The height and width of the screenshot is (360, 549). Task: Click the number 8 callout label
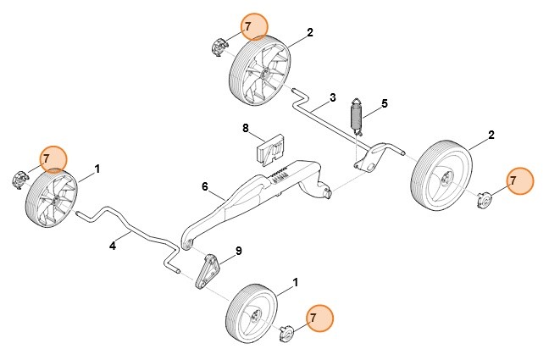[246, 129]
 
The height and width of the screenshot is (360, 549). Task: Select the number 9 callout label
[239, 251]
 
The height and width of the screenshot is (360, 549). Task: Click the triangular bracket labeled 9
[207, 270]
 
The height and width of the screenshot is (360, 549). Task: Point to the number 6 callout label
[204, 186]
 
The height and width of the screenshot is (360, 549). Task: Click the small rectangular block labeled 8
[271, 149]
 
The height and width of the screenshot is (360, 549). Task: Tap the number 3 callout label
[333, 97]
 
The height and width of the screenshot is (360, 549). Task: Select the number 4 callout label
[113, 246]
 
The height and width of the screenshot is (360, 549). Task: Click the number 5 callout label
[384, 103]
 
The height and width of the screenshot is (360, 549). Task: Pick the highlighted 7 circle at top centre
[247, 26]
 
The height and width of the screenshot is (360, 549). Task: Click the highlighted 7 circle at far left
[47, 158]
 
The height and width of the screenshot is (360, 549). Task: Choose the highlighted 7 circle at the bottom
[313, 318]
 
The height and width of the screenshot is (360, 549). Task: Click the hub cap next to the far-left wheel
[19, 179]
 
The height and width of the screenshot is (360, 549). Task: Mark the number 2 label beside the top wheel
[310, 32]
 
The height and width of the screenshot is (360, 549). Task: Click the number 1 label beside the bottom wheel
[296, 280]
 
